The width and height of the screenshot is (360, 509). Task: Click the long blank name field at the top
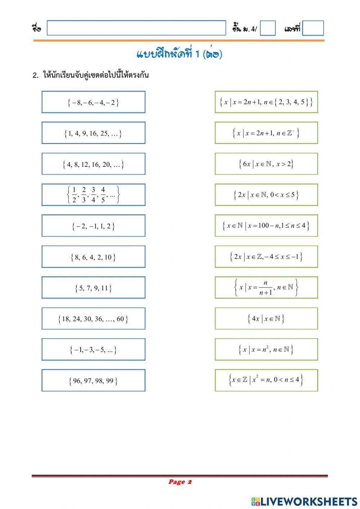click(x=136, y=28)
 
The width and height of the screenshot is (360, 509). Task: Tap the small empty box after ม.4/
click(x=267, y=28)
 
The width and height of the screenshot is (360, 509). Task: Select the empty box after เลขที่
click(x=313, y=28)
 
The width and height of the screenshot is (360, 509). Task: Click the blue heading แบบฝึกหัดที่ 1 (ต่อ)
click(x=179, y=54)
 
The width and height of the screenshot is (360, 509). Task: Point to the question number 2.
click(x=35, y=75)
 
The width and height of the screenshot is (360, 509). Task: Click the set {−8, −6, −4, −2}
click(x=93, y=102)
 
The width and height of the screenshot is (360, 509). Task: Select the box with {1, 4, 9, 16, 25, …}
click(x=93, y=133)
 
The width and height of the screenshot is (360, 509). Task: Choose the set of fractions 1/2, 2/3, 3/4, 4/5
click(x=93, y=195)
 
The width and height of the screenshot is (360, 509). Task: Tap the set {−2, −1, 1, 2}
click(x=93, y=226)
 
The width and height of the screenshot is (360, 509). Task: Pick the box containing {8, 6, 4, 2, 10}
click(x=93, y=256)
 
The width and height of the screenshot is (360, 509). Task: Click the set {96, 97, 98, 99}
click(x=93, y=380)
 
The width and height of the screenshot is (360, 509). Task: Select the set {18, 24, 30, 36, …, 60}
click(x=93, y=318)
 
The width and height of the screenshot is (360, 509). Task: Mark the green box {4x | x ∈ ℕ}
click(x=266, y=318)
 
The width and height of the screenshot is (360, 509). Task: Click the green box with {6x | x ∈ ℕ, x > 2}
click(x=266, y=164)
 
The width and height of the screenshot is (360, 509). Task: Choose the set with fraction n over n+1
click(x=266, y=287)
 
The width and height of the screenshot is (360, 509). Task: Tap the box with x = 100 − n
click(x=266, y=226)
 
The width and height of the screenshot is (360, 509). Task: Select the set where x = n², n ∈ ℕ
click(x=266, y=349)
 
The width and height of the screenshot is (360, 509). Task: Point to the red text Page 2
click(x=180, y=482)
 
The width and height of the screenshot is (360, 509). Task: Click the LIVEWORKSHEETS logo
click(x=304, y=501)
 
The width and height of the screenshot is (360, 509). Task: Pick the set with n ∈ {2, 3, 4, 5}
click(x=266, y=102)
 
